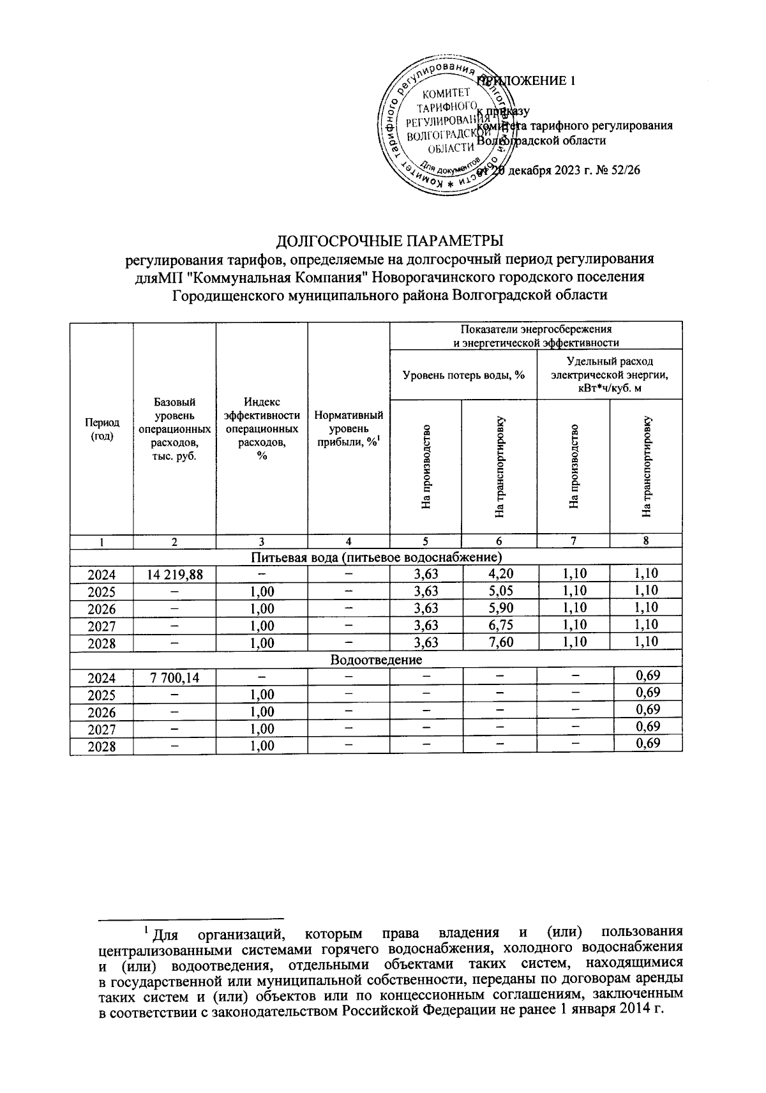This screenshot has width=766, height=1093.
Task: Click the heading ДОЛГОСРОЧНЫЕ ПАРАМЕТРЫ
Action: point(390,241)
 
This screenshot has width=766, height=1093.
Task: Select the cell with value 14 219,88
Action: point(174,574)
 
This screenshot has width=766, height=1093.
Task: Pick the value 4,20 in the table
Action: point(499,573)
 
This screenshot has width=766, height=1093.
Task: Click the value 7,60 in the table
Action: point(499,642)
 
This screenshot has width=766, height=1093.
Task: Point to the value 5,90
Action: point(499,608)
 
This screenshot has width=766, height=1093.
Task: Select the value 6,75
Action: point(499,625)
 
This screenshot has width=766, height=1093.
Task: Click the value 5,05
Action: point(499,591)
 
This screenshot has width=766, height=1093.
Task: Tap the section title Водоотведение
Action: point(376,660)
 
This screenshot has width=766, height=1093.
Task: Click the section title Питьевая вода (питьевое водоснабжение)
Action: point(376,557)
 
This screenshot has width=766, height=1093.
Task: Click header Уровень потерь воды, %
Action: point(463,375)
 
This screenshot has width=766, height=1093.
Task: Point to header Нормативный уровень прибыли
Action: point(349,428)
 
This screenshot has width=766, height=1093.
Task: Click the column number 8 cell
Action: point(646,541)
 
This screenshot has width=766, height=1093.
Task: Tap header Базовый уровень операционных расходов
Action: point(174,428)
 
